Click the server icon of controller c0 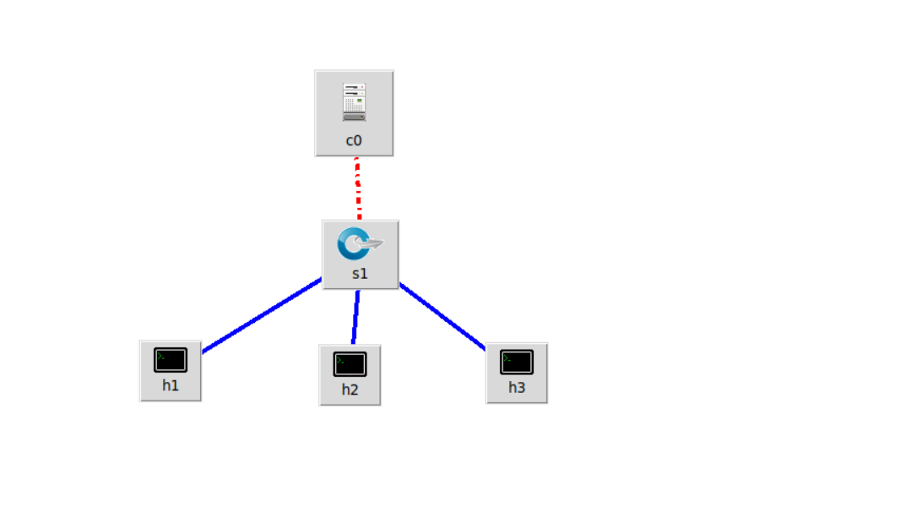(354, 101)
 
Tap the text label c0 (354, 140)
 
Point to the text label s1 (360, 274)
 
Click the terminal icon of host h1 (171, 360)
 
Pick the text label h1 (171, 386)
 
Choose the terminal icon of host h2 (350, 364)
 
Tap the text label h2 (350, 390)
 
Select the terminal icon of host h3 (517, 362)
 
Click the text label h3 (517, 388)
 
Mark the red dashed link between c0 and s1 (358, 188)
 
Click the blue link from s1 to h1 (262, 314)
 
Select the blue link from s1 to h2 (356, 317)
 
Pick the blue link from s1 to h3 (442, 315)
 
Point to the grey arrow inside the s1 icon (370, 245)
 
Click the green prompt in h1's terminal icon (160, 355)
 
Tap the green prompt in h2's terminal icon (339, 359)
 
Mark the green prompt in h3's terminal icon (507, 357)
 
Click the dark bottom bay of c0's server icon (354, 117)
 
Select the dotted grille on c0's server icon (350, 106)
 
